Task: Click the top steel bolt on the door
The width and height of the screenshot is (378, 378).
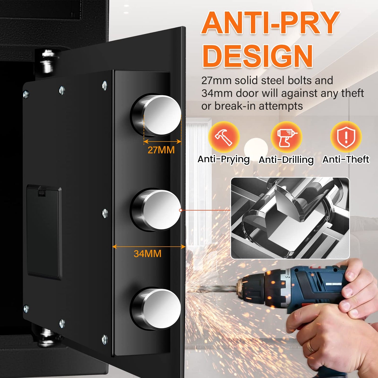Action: (156, 115)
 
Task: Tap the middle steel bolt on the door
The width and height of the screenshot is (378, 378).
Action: (156, 210)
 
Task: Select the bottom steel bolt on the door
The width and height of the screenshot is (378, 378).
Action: (156, 309)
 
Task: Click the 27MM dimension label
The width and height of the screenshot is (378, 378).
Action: (161, 150)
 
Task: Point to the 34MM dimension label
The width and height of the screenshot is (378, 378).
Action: (147, 254)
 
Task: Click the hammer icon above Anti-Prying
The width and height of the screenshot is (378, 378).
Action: (224, 137)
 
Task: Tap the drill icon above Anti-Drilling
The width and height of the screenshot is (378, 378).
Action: (286, 137)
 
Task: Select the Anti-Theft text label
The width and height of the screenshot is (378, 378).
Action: (346, 160)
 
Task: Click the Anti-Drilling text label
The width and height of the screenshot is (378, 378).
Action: (286, 160)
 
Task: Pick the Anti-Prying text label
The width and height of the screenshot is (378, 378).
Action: (224, 160)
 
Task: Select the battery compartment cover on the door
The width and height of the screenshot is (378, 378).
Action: (44, 232)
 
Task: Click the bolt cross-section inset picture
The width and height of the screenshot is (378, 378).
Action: (290, 218)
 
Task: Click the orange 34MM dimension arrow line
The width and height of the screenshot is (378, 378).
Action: (149, 246)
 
